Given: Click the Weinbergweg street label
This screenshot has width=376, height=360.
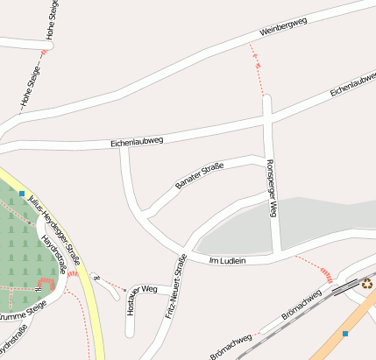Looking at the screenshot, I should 281,26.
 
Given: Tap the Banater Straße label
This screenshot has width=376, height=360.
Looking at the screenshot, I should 199,175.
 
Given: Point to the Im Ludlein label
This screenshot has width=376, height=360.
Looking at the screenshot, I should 228,260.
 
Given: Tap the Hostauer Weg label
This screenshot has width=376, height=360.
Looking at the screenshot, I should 141,289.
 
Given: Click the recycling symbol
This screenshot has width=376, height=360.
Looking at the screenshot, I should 366,283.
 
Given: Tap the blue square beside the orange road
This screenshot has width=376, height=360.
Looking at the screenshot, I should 345,334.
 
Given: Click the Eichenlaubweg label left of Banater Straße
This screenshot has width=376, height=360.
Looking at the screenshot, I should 137,141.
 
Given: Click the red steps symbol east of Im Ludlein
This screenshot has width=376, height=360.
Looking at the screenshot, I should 327,274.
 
